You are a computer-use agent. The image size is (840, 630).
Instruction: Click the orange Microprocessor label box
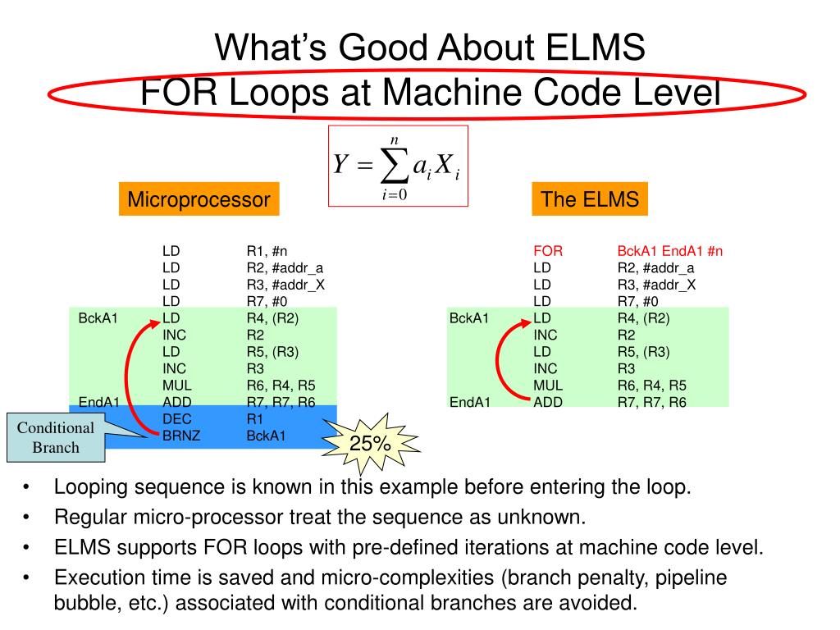[199, 199]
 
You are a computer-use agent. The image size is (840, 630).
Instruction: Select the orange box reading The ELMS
[589, 199]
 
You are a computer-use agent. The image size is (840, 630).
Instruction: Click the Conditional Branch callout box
[56, 437]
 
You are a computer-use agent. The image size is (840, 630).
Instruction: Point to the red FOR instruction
[548, 252]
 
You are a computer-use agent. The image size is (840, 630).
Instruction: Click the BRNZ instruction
[181, 436]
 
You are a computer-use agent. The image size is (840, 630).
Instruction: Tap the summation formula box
[398, 165]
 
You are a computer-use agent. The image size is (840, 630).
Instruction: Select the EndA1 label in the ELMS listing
[469, 402]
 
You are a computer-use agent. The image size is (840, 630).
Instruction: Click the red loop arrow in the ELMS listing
[503, 361]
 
